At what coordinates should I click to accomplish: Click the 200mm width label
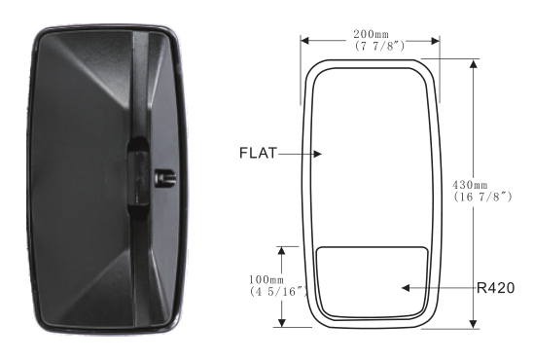[371, 34]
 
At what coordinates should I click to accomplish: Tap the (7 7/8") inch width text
[379, 46]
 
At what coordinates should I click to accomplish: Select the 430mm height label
[470, 185]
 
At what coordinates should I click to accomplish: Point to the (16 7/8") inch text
[482, 197]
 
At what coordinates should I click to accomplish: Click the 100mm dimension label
[266, 280]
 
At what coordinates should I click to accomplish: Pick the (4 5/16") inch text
[279, 292]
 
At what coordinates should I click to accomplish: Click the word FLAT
[259, 153]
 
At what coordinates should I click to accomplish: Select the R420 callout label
[496, 288]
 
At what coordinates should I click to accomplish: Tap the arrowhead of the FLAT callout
[317, 154]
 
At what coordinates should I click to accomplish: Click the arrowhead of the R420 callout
[406, 288]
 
